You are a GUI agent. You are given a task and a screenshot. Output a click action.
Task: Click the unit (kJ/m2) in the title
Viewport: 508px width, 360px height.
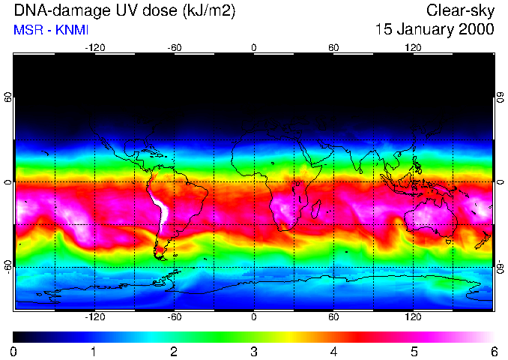(x=204, y=11)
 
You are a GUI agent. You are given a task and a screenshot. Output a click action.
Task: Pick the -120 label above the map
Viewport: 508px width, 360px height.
(x=94, y=47)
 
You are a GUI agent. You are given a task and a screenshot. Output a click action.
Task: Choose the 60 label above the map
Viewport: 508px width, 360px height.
(x=333, y=47)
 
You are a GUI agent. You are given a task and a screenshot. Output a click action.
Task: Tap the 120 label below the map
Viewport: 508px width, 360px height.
(x=413, y=316)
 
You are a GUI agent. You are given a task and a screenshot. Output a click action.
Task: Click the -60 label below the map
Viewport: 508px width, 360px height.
(x=174, y=316)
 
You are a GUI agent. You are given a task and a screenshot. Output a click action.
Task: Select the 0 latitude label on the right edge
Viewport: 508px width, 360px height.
(x=500, y=182)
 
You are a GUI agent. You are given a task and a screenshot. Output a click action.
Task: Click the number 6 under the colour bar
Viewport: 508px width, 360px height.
(x=494, y=351)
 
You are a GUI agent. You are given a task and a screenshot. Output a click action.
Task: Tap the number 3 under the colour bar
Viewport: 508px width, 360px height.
(x=254, y=351)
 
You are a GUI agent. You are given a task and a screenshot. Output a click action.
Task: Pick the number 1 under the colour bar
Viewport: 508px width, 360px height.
(x=94, y=351)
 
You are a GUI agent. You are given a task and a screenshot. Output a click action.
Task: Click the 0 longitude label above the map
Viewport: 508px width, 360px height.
(x=254, y=47)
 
